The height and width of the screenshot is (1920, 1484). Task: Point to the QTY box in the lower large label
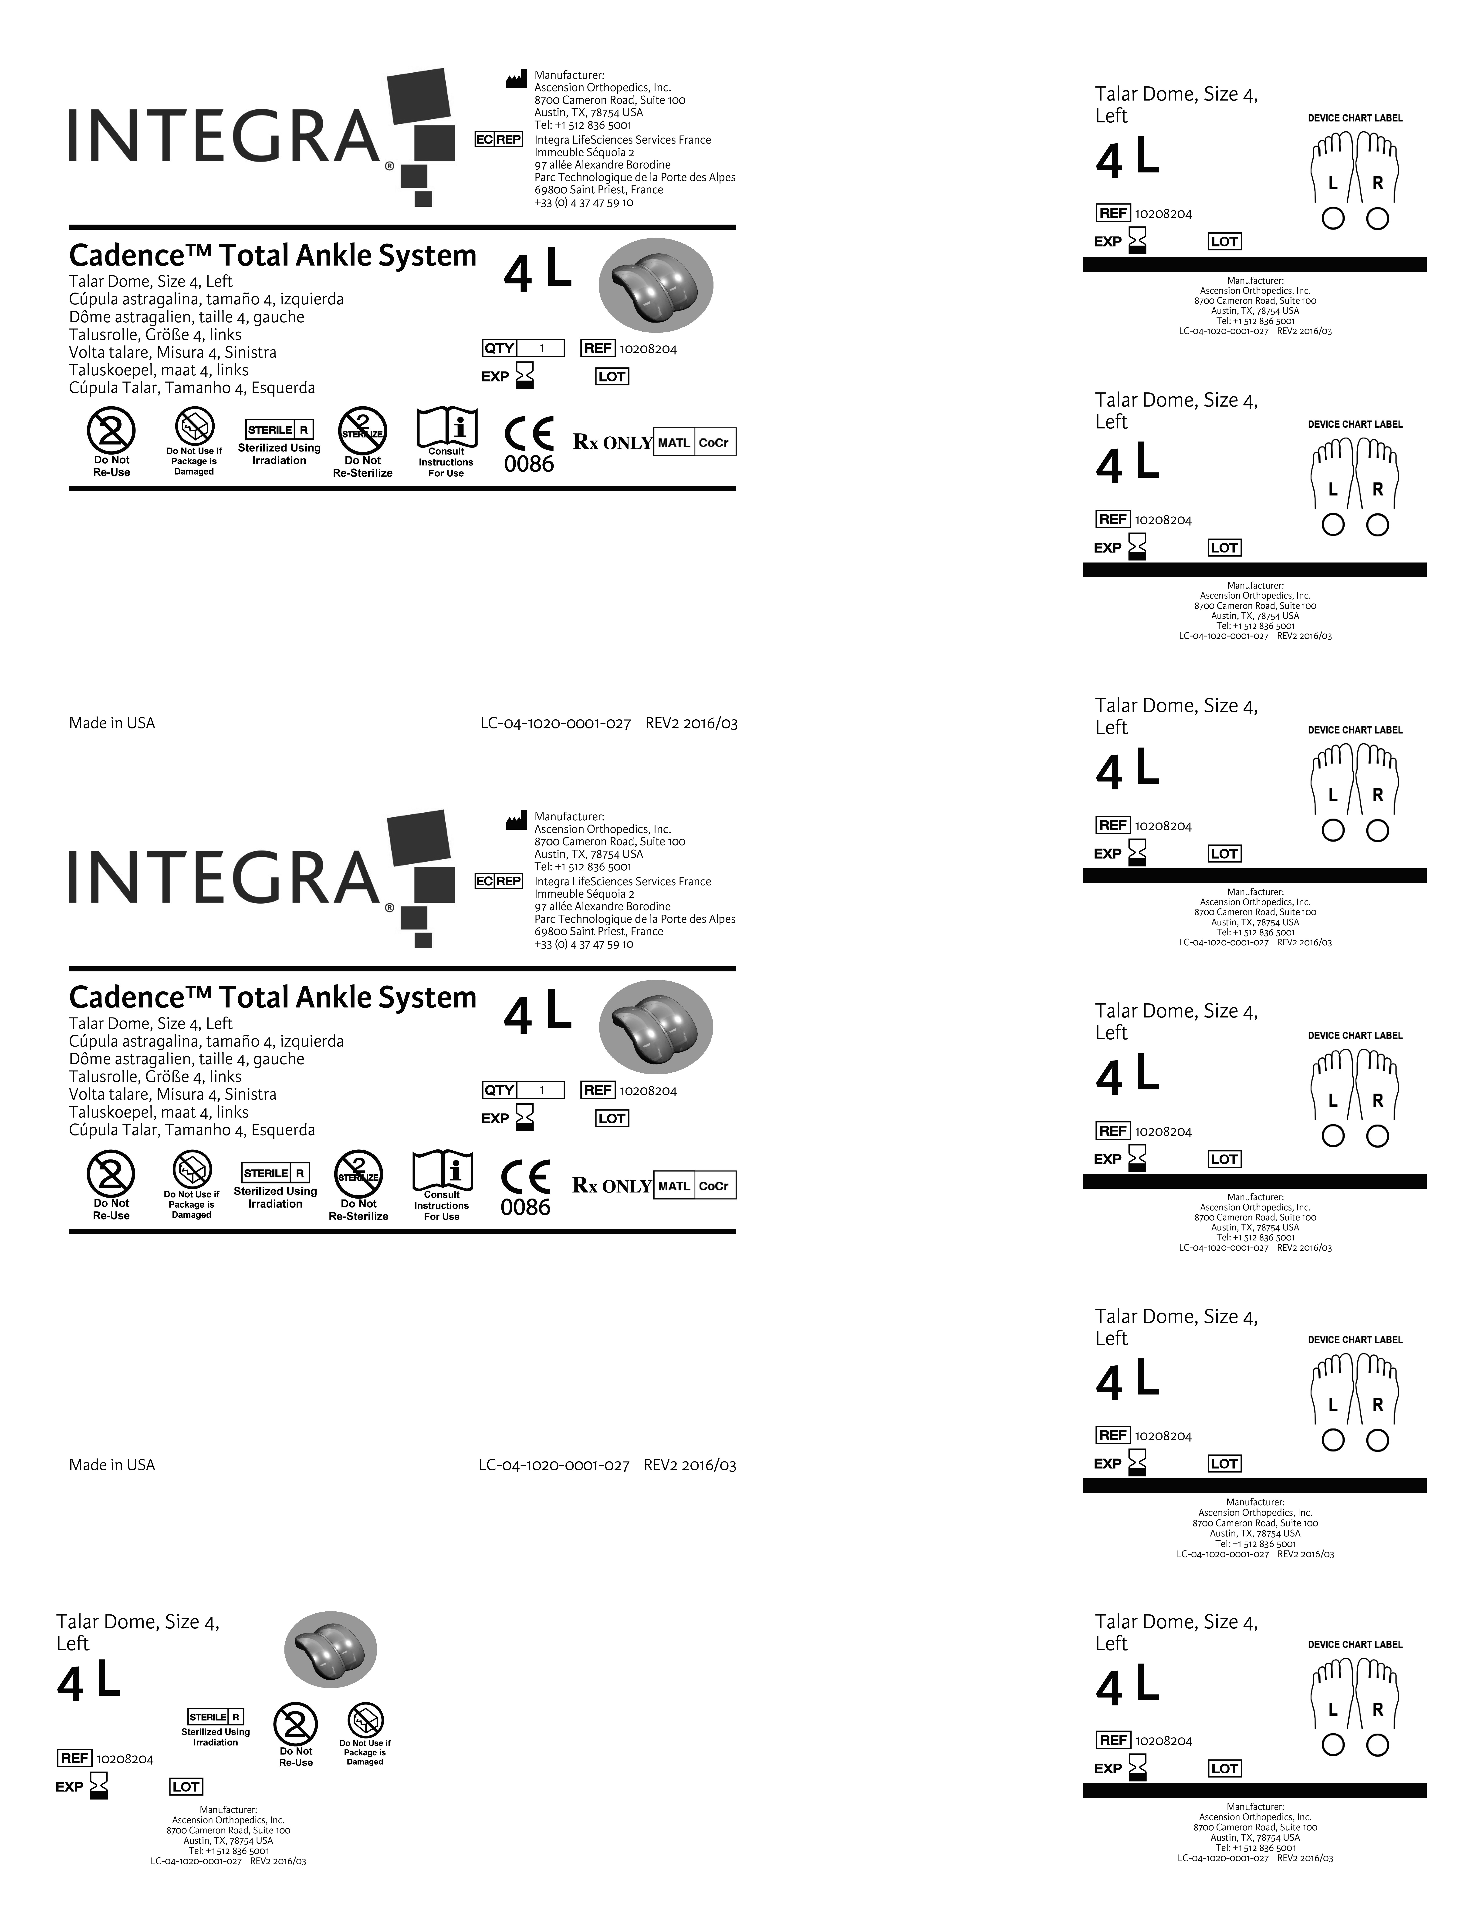[499, 1090]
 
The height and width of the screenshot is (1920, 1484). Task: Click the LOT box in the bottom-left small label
[186, 1786]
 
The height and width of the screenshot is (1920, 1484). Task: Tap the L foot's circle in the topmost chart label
[1333, 219]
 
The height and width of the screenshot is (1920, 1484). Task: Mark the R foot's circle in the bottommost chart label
[1378, 1745]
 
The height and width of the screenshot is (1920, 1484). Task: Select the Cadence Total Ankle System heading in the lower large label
[273, 998]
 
